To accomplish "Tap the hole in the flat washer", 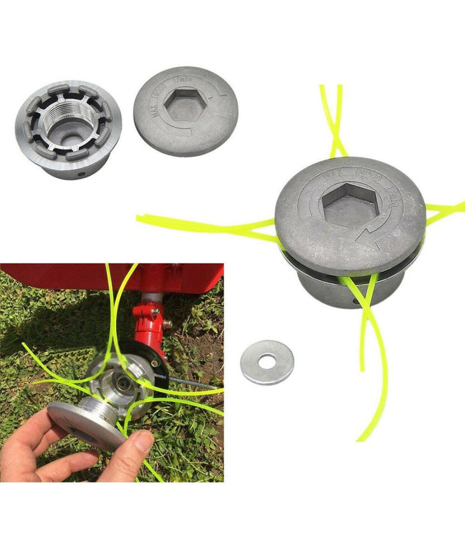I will [267, 362].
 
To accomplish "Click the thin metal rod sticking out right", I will [193, 383].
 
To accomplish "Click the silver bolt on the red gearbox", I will [167, 324].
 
